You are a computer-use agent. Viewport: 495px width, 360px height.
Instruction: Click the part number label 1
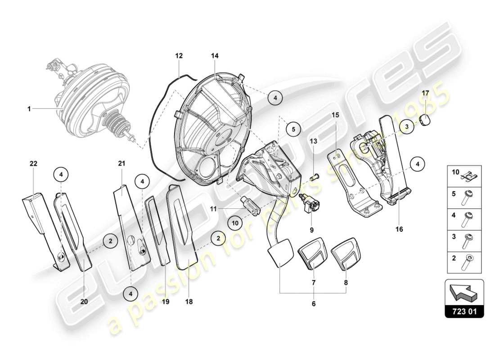tap(29, 108)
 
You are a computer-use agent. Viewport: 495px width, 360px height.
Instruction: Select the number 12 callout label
tap(179, 56)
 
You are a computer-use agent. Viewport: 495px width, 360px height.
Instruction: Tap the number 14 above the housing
tap(215, 56)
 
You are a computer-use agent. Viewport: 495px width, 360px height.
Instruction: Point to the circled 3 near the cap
tap(406, 127)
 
